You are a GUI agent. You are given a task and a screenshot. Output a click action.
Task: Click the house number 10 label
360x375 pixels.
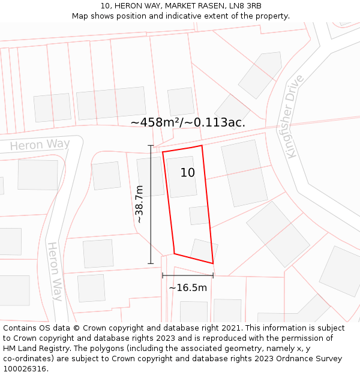pos(188,173)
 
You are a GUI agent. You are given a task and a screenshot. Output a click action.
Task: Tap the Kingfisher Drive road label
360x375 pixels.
pos(295,117)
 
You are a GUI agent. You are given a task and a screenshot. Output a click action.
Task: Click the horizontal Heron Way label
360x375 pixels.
pos(40,145)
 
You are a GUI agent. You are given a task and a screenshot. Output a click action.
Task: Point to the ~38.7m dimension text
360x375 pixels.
pos(139,204)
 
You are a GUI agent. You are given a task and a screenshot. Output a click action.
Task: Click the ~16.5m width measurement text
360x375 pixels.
pos(188,288)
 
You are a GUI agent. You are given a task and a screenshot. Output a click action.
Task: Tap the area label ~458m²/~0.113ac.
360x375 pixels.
pos(188,122)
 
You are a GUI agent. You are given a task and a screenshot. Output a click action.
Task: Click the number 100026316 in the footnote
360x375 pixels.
pos(24,369)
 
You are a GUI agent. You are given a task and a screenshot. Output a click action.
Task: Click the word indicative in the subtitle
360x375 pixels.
pos(185,16)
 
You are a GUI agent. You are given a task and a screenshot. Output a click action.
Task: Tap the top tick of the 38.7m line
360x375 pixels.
pos(151,145)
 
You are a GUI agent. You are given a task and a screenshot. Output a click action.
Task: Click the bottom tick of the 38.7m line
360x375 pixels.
pos(151,263)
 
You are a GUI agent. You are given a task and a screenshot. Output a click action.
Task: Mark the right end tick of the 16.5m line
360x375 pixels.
pos(213,275)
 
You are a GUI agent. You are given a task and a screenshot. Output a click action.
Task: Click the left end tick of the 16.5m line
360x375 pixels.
pos(163,275)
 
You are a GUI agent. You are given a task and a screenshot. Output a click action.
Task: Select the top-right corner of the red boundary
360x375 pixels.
pos(202,145)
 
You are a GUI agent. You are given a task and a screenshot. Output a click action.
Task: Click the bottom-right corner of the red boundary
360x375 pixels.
pos(213,263)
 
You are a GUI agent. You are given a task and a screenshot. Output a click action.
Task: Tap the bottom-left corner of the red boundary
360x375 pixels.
pos(174,253)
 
